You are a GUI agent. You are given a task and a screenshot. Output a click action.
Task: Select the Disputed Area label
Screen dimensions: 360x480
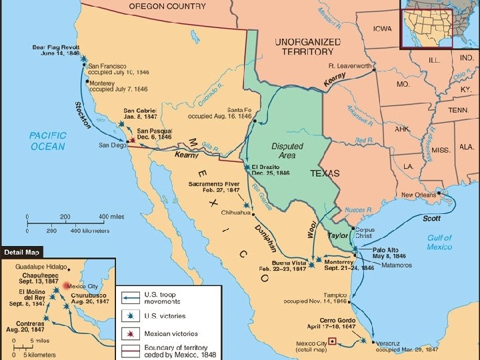point(287,151)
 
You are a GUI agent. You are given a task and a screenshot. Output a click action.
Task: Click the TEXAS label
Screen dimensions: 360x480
point(325,173)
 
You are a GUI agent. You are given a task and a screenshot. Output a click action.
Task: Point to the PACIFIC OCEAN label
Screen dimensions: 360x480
point(47,141)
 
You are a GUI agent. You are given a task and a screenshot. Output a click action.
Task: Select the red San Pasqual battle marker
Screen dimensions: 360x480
point(133,140)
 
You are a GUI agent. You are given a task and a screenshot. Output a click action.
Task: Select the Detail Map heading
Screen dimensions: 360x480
point(22,252)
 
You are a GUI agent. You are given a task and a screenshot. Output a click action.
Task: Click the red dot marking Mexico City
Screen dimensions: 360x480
point(65,285)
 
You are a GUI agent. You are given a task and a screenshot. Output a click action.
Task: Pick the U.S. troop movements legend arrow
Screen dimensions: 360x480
point(131,298)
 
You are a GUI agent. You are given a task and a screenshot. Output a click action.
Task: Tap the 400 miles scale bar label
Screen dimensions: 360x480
point(111,217)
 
